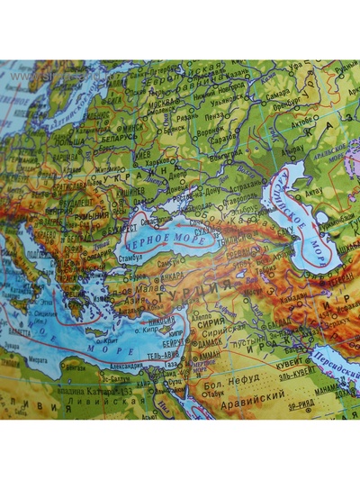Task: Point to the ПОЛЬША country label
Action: pos(68,142)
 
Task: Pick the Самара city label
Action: pos(278,94)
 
